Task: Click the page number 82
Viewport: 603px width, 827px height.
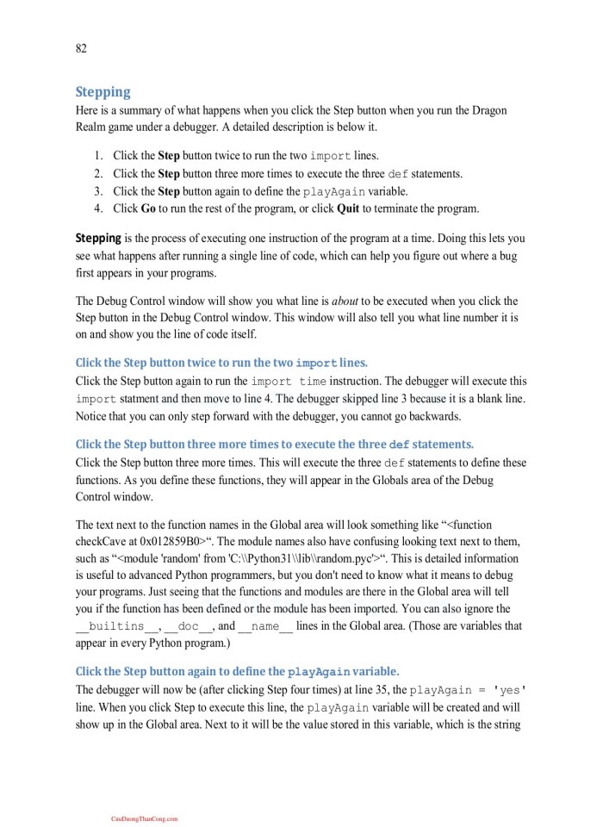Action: tap(81, 48)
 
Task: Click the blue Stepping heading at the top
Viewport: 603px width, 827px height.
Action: tap(103, 91)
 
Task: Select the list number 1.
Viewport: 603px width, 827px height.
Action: tap(98, 156)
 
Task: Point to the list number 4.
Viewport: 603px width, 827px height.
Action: tap(98, 208)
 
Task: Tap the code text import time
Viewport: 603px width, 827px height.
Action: tap(289, 381)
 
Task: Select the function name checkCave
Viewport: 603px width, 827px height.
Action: tap(103, 540)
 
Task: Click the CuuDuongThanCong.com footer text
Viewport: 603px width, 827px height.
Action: tap(144, 818)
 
